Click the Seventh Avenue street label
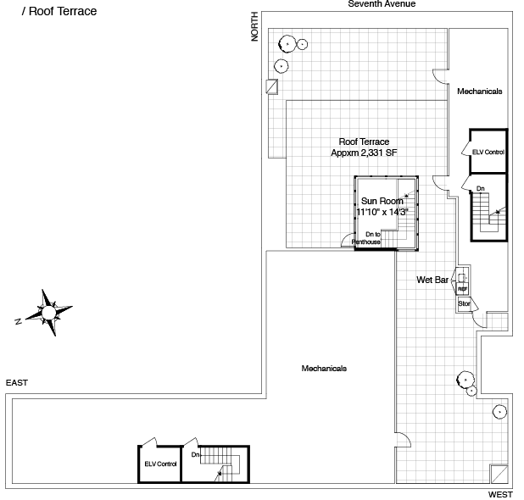(x=382, y=4)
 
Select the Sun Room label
(x=382, y=200)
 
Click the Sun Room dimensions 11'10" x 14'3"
(x=382, y=212)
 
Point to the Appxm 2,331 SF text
(x=364, y=153)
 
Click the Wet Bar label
(x=432, y=279)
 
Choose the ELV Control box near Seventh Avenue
(x=488, y=152)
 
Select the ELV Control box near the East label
(x=159, y=464)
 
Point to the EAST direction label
(x=17, y=383)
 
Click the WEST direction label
(x=500, y=493)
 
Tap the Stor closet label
(x=464, y=303)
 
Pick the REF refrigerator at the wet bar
(x=463, y=286)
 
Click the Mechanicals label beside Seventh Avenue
(x=479, y=92)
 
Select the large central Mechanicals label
(x=324, y=368)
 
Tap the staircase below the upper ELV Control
(x=488, y=212)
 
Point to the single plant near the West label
(x=500, y=412)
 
